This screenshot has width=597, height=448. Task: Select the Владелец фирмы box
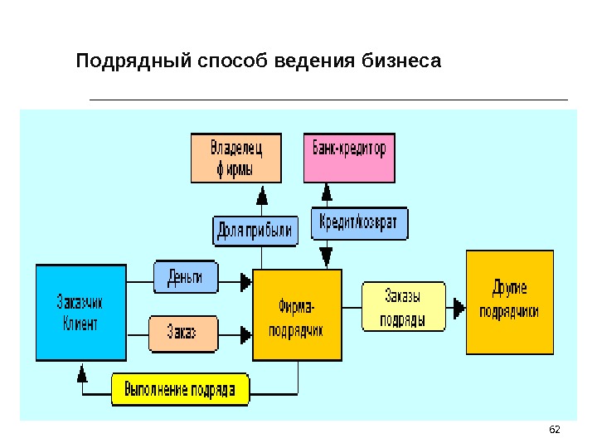point(236,158)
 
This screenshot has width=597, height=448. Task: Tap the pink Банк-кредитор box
point(349,158)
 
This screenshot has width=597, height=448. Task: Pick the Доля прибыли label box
point(255,231)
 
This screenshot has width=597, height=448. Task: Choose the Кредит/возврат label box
point(359,223)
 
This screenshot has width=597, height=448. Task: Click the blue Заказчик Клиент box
point(80,312)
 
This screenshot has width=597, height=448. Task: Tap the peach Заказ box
point(183,334)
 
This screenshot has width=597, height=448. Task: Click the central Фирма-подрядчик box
point(296,316)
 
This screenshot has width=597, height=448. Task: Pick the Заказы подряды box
point(404,308)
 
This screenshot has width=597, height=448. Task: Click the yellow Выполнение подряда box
point(180,389)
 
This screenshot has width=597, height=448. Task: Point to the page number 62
point(556,429)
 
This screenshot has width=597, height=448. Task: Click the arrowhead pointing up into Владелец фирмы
point(263,196)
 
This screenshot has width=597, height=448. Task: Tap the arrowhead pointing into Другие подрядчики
point(459,308)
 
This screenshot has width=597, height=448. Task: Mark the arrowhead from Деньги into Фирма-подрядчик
point(246,282)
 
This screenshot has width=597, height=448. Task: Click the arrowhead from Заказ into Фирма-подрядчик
point(246,335)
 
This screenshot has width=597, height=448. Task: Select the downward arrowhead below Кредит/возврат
point(326,256)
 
